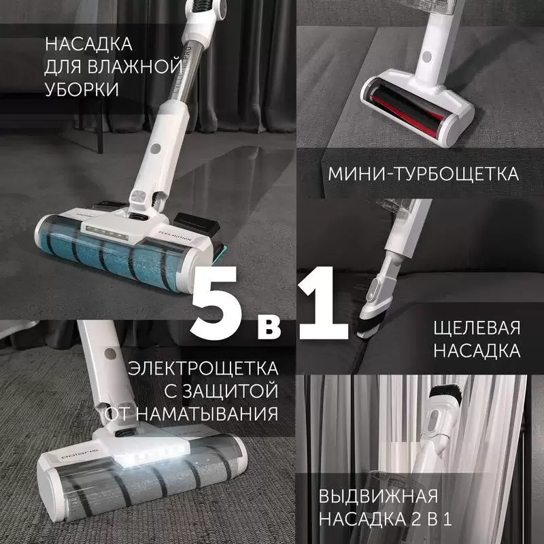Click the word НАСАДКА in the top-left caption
tap(88, 44)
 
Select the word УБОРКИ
tap(82, 89)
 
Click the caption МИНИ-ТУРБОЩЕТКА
tap(423, 174)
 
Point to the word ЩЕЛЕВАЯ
tap(477, 328)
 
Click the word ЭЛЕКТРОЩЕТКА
tap(203, 368)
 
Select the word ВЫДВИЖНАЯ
tap(378, 496)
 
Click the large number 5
tap(216, 303)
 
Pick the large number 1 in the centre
tap(322, 303)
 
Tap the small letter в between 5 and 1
tap(269, 328)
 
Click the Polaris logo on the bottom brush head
tap(80, 454)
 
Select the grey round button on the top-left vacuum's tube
tap(156, 149)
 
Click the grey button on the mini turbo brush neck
tap(427, 56)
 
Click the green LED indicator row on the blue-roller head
tap(107, 233)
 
